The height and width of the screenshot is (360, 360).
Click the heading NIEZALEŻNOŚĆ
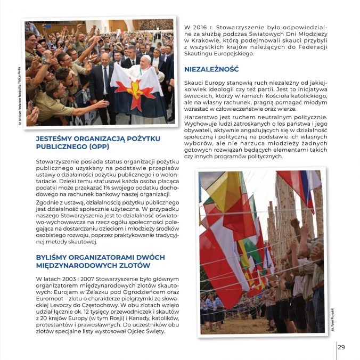pos(211,69)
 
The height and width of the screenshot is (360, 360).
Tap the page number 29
pos(341,347)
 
